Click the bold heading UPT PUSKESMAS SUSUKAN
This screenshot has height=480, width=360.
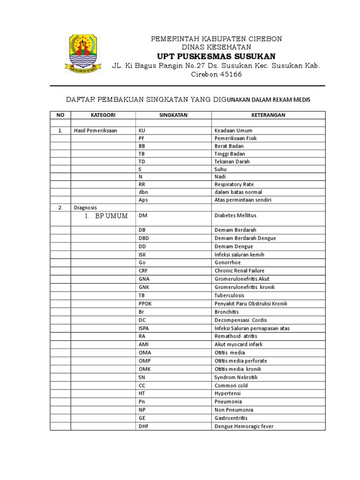(x=216, y=56)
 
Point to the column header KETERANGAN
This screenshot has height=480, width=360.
(x=268, y=115)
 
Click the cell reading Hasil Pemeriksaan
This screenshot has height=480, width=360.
(x=96, y=131)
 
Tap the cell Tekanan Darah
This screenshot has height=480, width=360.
(x=232, y=161)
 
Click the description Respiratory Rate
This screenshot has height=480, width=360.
(x=234, y=184)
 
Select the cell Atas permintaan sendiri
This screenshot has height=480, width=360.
(x=243, y=200)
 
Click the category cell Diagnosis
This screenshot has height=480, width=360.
(x=85, y=207)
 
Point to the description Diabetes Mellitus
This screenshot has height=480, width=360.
(x=235, y=216)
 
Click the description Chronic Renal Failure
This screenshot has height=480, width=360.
(x=240, y=270)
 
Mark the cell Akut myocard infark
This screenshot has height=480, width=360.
(x=239, y=345)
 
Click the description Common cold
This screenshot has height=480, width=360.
(x=231, y=385)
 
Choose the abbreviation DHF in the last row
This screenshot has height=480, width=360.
(x=143, y=426)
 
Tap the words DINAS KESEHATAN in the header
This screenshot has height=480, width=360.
(x=216, y=47)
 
